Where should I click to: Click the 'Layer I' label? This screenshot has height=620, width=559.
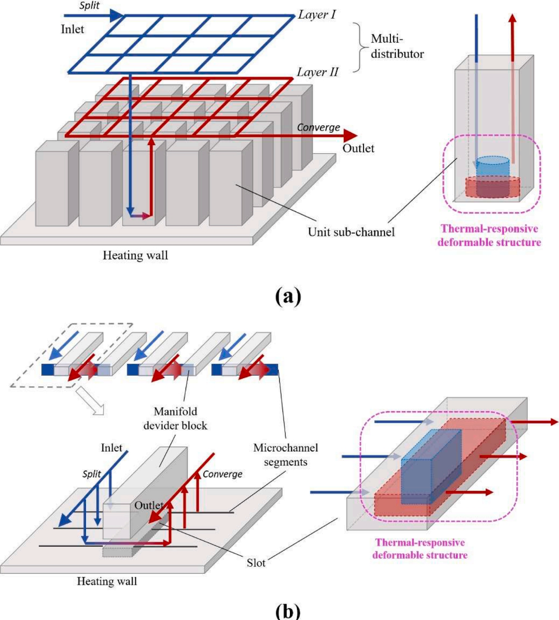coord(317,14)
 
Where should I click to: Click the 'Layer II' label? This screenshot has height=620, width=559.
coord(317,72)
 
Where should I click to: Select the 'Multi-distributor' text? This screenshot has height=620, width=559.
coord(397,46)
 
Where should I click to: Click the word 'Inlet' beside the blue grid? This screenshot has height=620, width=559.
coord(73,29)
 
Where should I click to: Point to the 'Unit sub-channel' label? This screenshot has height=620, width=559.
coord(351,231)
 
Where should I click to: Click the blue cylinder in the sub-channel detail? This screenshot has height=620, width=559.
coord(492,167)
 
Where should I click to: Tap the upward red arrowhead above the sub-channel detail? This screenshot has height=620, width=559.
coord(513,17)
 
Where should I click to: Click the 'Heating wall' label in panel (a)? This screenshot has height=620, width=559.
coord(135,255)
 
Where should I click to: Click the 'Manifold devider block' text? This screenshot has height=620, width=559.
coord(176,418)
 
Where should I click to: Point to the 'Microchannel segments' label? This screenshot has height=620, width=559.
coord(285,455)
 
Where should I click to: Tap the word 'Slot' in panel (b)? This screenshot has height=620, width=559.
coord(256,563)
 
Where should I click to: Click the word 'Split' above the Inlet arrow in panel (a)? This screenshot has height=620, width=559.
coord(90,6)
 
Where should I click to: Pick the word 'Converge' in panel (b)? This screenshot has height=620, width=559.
coord(222,474)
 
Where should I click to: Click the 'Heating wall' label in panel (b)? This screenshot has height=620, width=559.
coord(106,581)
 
